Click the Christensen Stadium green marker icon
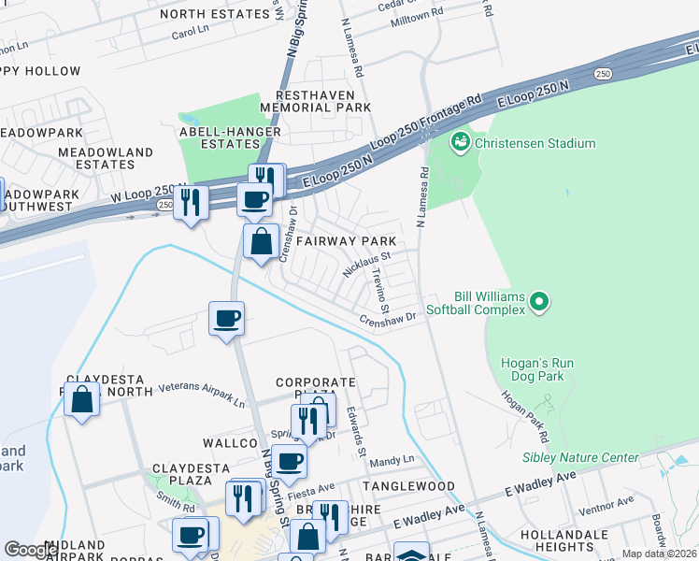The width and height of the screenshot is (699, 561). click(x=460, y=143)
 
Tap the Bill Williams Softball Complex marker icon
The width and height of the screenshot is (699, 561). click(x=538, y=301)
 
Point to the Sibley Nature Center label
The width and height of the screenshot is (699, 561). click(x=579, y=457)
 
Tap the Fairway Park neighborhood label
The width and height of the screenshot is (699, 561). click(x=353, y=241)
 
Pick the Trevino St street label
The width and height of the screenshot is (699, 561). click(x=379, y=291)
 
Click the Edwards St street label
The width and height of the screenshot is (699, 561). click(x=356, y=431)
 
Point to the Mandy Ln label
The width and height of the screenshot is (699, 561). click(x=392, y=460)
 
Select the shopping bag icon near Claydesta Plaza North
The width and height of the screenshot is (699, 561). click(x=82, y=400)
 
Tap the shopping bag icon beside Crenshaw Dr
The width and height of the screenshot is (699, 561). click(x=262, y=241)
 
